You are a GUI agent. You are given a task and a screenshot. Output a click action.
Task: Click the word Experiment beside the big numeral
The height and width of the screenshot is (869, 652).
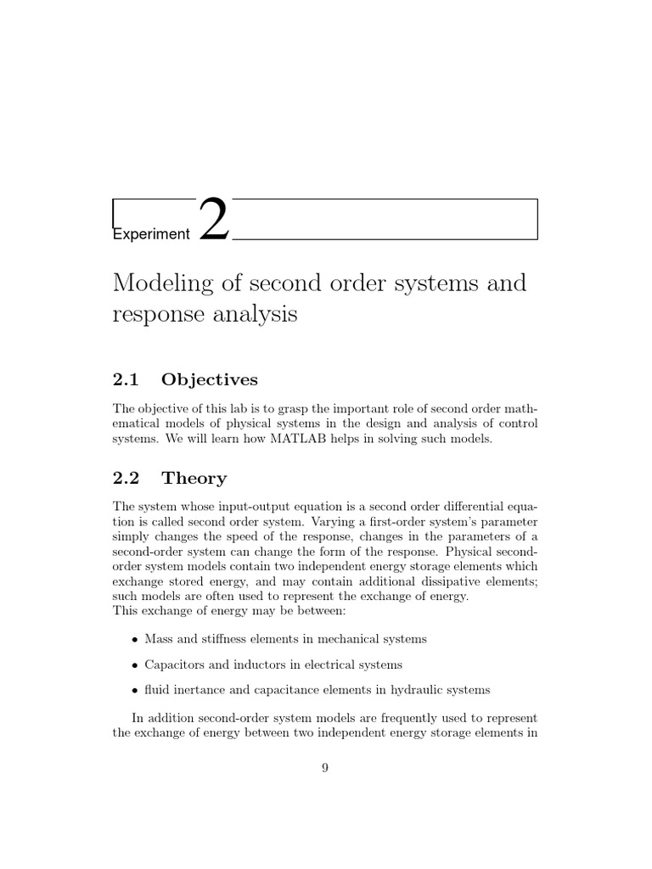pos(151,234)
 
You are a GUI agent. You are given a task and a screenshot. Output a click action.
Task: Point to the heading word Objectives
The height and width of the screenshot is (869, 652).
pos(209,379)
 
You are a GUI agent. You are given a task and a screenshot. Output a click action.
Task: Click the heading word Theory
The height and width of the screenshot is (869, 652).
pos(194,479)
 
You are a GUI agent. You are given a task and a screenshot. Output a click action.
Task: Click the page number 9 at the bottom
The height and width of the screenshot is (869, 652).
pos(325,768)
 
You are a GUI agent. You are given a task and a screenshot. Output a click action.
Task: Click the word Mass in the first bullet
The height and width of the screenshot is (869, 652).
pos(159,639)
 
